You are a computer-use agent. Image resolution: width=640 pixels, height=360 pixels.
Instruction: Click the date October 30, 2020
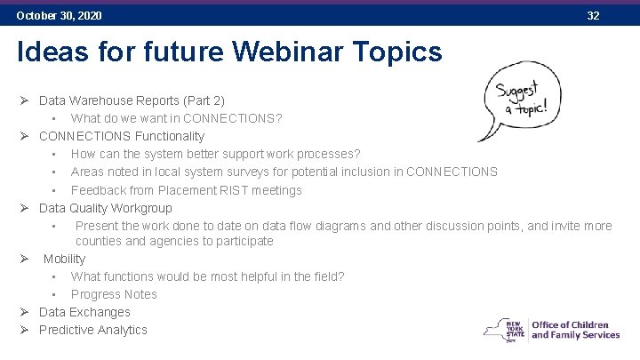click(x=59, y=16)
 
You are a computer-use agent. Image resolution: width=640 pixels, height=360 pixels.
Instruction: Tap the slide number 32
click(x=593, y=16)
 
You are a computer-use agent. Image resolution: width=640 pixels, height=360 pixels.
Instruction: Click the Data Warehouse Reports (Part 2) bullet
click(x=132, y=100)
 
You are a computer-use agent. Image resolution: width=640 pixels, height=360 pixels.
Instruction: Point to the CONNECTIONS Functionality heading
click(x=122, y=136)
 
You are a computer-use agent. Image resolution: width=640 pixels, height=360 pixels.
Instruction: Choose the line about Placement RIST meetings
click(x=186, y=190)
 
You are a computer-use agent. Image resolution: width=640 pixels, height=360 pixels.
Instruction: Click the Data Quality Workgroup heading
click(x=106, y=208)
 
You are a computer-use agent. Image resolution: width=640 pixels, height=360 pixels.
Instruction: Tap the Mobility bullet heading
click(x=64, y=259)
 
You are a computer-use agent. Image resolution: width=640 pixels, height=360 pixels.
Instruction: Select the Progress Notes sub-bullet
click(x=114, y=294)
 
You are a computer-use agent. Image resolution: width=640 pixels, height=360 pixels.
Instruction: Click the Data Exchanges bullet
click(x=84, y=312)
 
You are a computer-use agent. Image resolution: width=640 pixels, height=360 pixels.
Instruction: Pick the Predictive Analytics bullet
click(x=93, y=330)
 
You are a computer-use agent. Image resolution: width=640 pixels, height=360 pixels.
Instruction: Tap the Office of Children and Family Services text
click(x=575, y=330)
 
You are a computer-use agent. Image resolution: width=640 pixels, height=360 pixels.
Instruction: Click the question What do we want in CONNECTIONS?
click(x=176, y=118)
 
